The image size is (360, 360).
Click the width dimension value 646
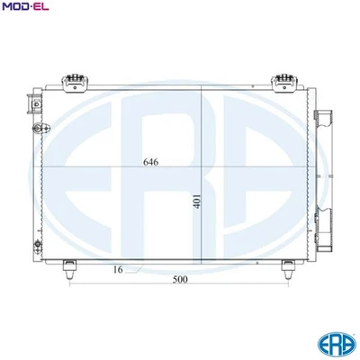click(x=151, y=163)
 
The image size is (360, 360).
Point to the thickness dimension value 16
click(x=118, y=269)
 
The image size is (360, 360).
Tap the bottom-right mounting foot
click(x=287, y=266)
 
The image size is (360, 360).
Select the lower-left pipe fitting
click(x=36, y=244)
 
